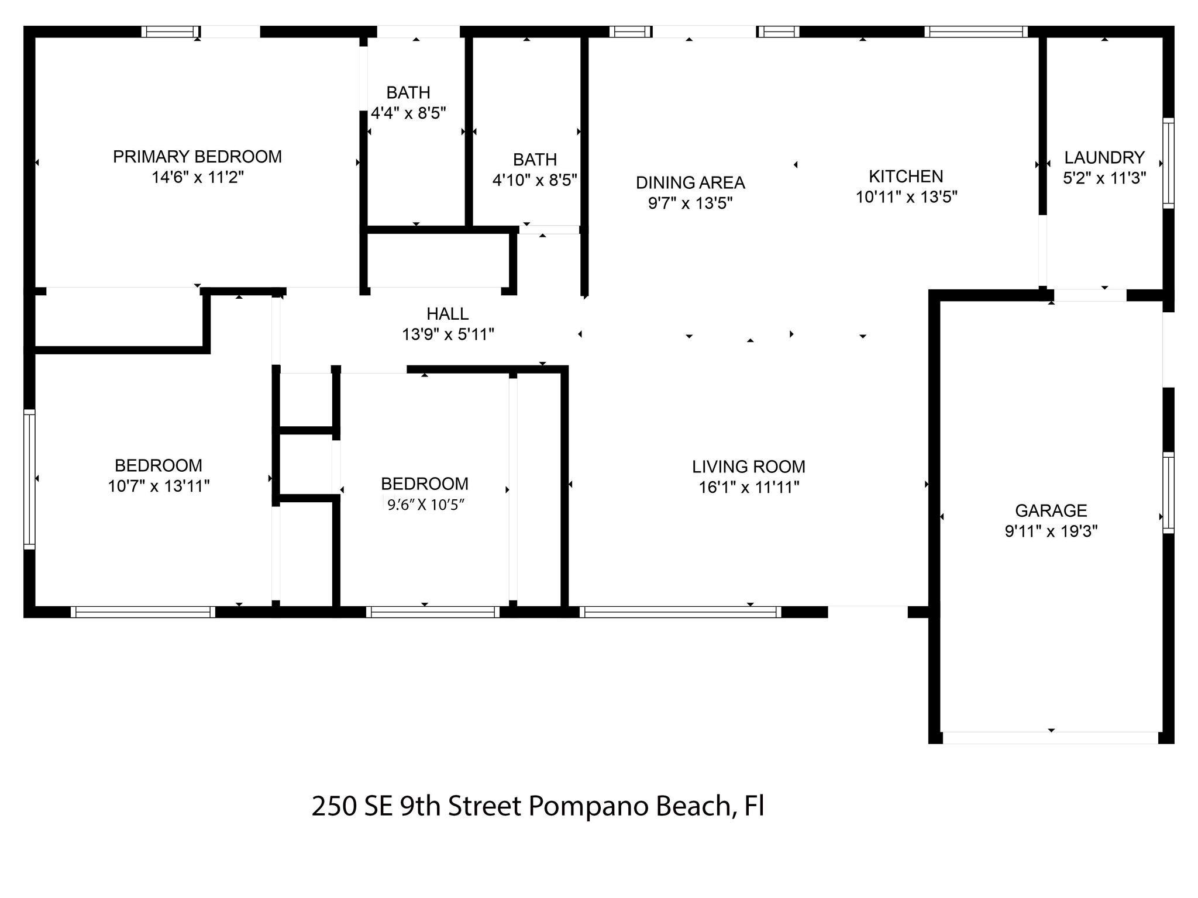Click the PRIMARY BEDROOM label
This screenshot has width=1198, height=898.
(197, 157)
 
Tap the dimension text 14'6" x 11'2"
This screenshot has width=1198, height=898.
(198, 177)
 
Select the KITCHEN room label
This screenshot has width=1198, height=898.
(906, 177)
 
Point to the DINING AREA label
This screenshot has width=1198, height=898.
(690, 183)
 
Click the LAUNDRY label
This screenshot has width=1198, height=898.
(1104, 157)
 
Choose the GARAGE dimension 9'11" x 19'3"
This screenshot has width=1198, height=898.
(1051, 531)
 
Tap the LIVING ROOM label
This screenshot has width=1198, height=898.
(749, 467)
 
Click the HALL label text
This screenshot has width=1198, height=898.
(447, 314)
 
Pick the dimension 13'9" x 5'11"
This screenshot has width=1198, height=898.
(448, 334)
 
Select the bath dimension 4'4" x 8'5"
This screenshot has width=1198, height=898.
(408, 113)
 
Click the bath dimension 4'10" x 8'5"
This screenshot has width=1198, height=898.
(535, 179)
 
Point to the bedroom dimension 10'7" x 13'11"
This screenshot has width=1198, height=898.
(159, 486)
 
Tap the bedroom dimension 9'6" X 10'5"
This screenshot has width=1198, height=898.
(425, 504)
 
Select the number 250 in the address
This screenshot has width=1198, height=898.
(334, 806)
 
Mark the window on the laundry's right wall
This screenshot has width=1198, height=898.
(1168, 163)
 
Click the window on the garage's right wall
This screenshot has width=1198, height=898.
(1168, 493)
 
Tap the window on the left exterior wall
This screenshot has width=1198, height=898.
(29, 479)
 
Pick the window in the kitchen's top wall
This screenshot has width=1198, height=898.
(976, 32)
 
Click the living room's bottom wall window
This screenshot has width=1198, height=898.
(680, 612)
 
